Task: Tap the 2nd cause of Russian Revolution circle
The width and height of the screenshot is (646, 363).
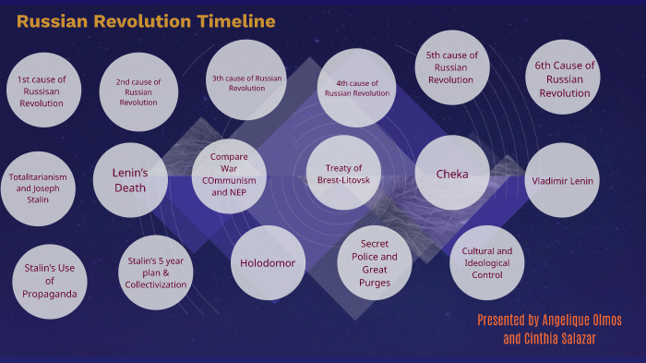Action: [x=138, y=92]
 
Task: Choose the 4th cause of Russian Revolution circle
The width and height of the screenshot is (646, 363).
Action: [x=357, y=88]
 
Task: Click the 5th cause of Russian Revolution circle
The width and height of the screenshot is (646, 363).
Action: [x=452, y=67]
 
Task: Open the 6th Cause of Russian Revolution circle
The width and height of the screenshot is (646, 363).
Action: [x=564, y=79]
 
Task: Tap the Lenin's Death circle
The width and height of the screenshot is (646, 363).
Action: [x=130, y=179]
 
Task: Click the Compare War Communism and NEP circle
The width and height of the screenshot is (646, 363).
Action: [x=230, y=175]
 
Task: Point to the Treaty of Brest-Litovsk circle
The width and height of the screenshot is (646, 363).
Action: [x=343, y=174]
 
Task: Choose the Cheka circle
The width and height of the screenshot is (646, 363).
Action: [x=452, y=174]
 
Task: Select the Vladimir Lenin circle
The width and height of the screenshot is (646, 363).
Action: [x=563, y=180]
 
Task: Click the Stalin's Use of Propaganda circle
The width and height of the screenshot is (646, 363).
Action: [x=49, y=281]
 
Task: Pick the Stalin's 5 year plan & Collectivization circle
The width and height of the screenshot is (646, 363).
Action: [x=156, y=272]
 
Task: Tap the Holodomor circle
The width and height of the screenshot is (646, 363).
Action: [x=268, y=263]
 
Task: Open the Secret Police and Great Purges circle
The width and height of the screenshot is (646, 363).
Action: [x=375, y=263]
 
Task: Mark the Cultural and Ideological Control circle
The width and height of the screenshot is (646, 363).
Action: [x=486, y=262]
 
